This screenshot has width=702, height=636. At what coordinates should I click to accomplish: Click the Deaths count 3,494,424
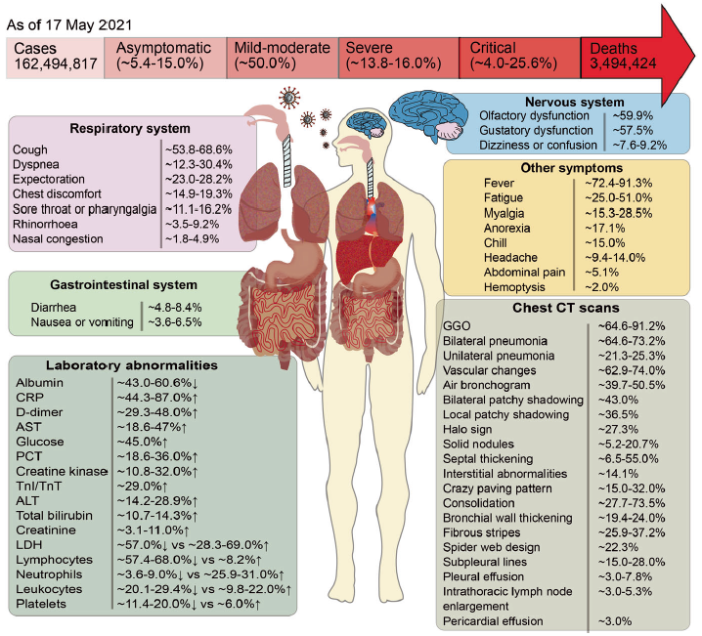[621, 65]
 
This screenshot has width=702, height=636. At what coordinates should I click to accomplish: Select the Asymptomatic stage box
[165, 57]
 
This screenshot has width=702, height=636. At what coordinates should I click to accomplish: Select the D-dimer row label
[38, 414]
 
